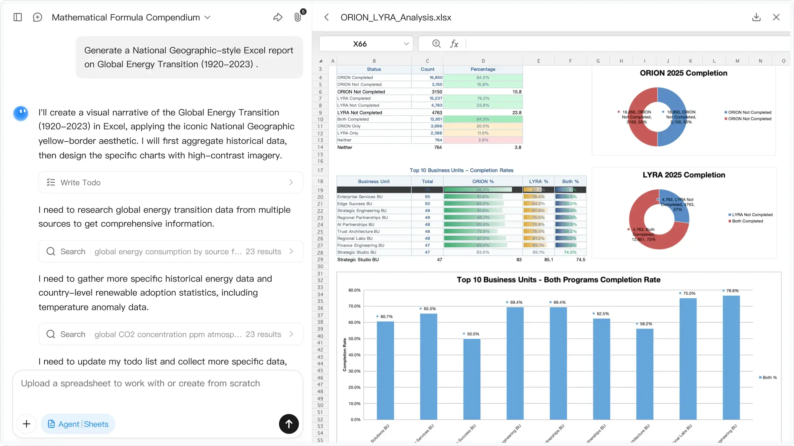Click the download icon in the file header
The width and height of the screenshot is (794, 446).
[756, 17]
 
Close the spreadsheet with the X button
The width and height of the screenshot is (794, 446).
[776, 17]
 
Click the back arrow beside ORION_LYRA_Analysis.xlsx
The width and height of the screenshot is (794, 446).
[327, 17]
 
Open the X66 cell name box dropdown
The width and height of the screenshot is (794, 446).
[406, 44]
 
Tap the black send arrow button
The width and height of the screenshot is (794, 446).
[288, 424]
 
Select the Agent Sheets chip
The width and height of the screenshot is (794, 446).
[78, 424]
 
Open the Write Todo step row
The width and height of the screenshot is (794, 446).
[171, 182]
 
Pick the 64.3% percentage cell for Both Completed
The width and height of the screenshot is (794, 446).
[483, 119]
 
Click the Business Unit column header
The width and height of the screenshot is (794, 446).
[374, 181]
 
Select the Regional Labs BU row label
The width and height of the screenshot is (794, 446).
[355, 239]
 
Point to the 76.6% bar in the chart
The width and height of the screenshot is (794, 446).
[731, 357]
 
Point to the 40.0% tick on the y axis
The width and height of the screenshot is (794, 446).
[354, 355]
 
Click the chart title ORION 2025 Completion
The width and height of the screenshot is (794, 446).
[684, 73]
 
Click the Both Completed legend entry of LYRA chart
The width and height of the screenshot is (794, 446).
[747, 221]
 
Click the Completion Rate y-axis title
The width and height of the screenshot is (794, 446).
[344, 354]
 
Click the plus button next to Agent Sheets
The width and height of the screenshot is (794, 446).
[26, 424]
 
